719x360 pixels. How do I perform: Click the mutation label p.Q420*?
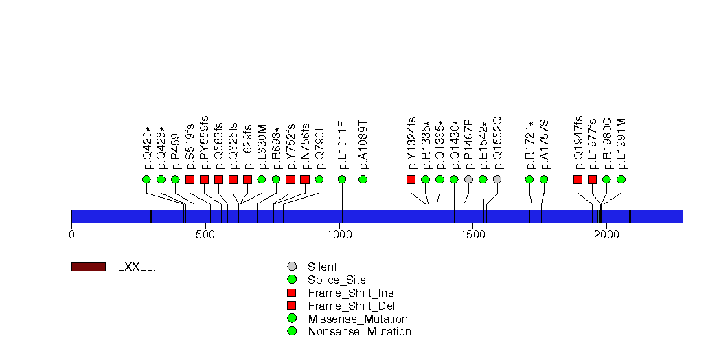[x=147, y=148]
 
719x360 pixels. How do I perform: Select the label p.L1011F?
[x=343, y=146]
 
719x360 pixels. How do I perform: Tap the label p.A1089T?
[x=364, y=146]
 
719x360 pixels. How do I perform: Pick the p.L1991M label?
[x=621, y=144]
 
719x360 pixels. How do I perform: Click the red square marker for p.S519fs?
[x=190, y=179]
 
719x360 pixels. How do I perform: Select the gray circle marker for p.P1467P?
[x=468, y=179]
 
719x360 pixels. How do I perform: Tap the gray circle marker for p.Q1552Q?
[x=497, y=179]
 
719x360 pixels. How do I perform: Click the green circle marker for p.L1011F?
[x=342, y=179]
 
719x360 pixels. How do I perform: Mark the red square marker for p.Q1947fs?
[x=578, y=179]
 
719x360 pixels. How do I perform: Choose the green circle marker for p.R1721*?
[x=529, y=179]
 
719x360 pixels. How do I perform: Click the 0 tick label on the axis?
[x=71, y=235]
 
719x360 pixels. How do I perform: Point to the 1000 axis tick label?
[x=339, y=235]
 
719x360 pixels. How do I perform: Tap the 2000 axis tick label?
[x=606, y=235]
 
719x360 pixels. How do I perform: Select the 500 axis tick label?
[x=205, y=235]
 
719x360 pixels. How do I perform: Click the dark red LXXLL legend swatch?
[x=89, y=267]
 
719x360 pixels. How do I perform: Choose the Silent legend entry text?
[x=322, y=267]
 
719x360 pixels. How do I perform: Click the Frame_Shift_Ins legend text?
[x=351, y=293]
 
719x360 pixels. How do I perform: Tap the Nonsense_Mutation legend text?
[x=360, y=332]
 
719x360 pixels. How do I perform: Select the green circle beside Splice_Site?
[x=292, y=280]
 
